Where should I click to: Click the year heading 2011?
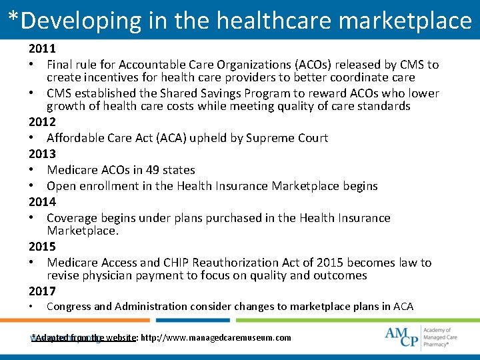(42, 49)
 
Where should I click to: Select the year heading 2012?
(42, 122)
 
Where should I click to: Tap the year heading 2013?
(42, 154)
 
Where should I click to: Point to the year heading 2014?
(42, 201)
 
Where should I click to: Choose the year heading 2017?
(42, 291)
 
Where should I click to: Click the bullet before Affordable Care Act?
(32, 138)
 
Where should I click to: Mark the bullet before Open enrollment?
(32, 186)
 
